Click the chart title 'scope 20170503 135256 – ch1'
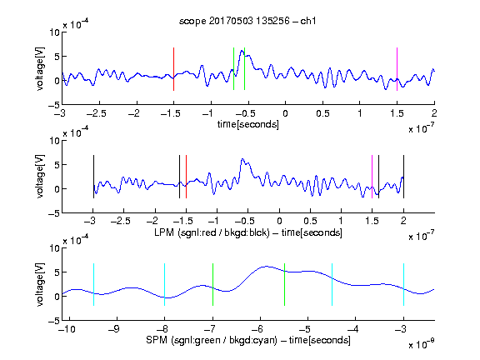point(247,21)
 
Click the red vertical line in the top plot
point(173,69)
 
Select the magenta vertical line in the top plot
point(397,69)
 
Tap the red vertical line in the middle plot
point(186,177)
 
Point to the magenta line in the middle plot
point(372,177)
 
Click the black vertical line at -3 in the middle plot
point(93,177)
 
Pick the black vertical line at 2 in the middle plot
point(403,177)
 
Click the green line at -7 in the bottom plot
point(212,284)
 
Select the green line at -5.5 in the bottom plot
point(284,284)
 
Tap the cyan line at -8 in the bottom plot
point(164,284)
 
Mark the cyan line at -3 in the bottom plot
point(403,284)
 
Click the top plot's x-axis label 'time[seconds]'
point(248,124)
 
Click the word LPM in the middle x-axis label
point(164,232)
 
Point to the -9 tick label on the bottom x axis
point(114,329)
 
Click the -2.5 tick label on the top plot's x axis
point(97,113)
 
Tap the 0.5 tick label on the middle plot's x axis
point(310,221)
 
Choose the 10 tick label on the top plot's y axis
point(55,32)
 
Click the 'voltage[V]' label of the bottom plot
point(40,284)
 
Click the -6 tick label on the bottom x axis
point(257,329)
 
